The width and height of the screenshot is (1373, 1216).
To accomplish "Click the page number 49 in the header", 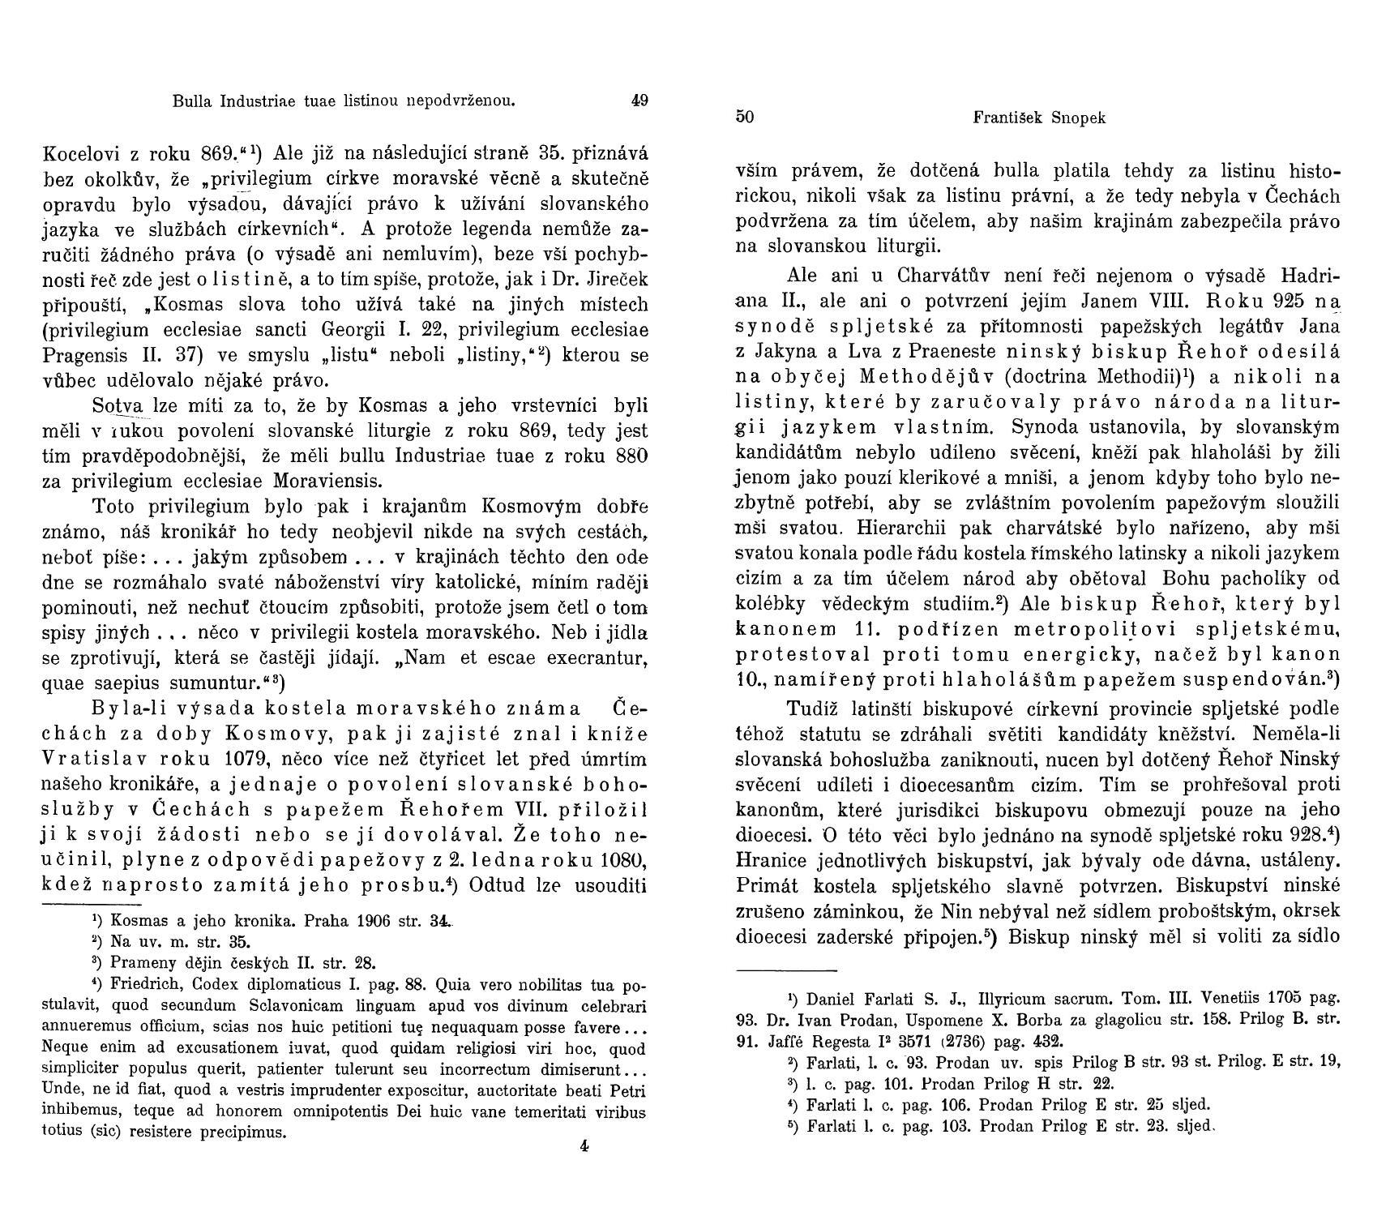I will pyautogui.click(x=639, y=101).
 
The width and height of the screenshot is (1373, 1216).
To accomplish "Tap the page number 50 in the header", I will pyautogui.click(x=745, y=117).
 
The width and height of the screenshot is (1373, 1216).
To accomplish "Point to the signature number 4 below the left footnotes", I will pyautogui.click(x=584, y=1145).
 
